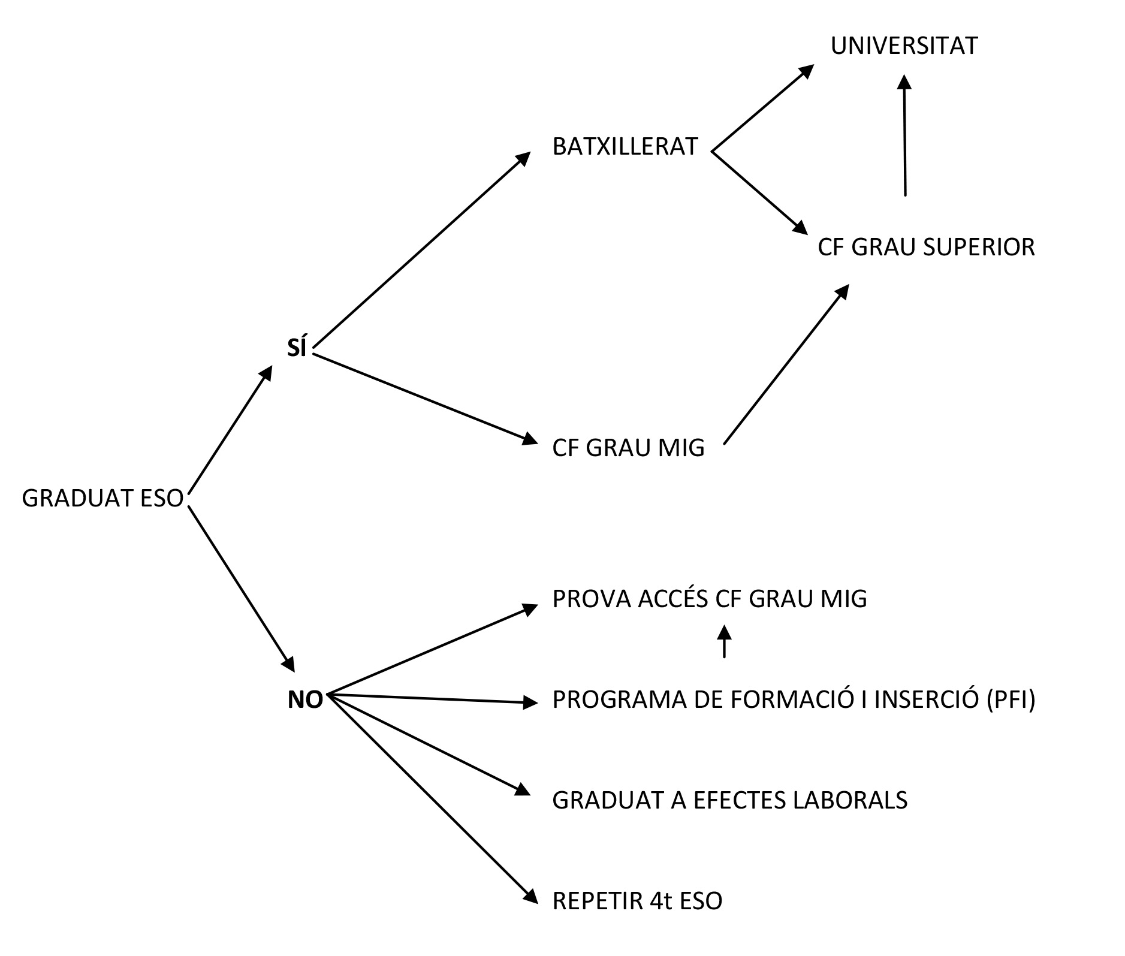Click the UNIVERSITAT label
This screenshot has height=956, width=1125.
pos(904,46)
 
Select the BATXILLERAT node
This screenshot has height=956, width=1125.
pos(625,147)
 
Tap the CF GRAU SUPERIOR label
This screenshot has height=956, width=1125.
pos(926,247)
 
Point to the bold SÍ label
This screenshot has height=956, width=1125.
pos(297,348)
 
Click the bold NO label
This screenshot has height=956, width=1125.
pos(305,699)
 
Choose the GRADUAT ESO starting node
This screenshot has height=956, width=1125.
pos(102,498)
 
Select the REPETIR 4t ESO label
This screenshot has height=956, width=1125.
pos(637,901)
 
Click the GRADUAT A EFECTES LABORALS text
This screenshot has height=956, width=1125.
pos(729,800)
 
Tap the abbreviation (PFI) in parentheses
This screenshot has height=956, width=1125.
pos(1011,699)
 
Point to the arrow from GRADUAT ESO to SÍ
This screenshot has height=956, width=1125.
pos(230,430)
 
